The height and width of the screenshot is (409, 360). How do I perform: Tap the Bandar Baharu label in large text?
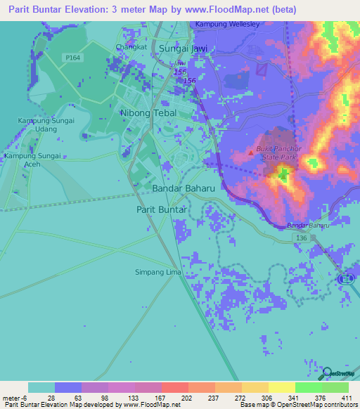pos(184,189)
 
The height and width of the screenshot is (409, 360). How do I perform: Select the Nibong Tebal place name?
pos(148,113)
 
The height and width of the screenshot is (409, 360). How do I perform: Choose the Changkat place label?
pos(130,48)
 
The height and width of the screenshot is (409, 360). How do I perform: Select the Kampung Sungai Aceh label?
pos(34,160)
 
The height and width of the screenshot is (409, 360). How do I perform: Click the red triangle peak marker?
pos(250,151)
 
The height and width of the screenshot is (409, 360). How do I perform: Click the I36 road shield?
pos(302,239)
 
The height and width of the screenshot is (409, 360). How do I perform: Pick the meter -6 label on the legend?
pos(15,397)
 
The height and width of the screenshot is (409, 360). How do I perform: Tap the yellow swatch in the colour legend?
pos(281,387)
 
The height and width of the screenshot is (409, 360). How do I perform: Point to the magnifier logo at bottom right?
pos(326,372)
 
